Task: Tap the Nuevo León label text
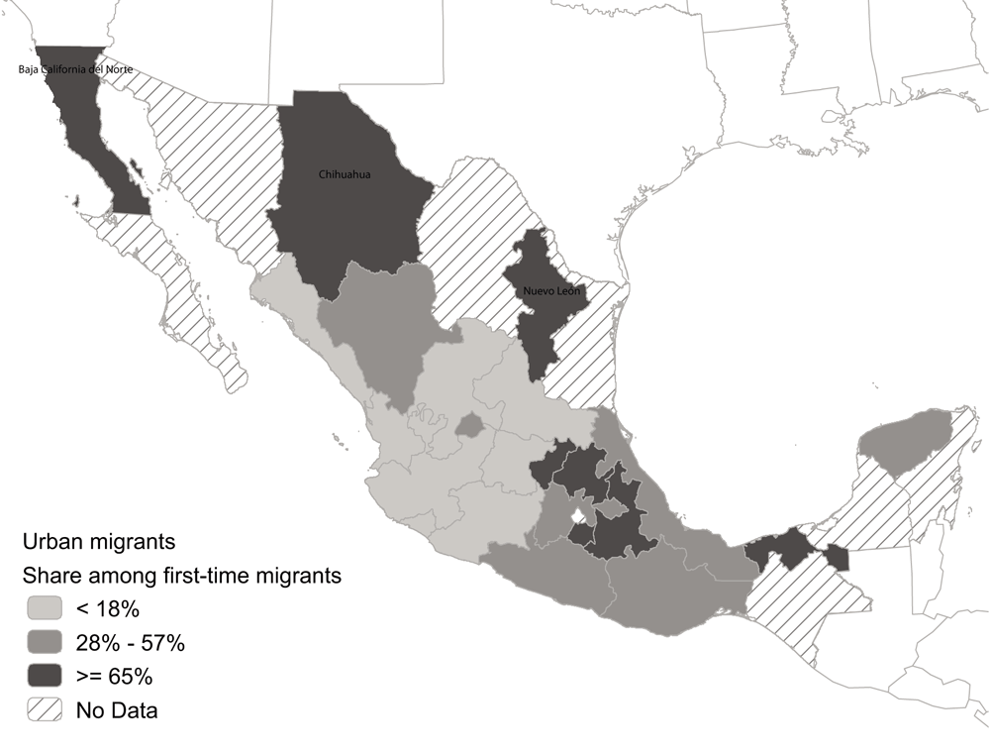click(x=552, y=292)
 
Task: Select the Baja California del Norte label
click(x=75, y=69)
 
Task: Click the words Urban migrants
click(x=99, y=542)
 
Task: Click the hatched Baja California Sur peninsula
click(x=188, y=297)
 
